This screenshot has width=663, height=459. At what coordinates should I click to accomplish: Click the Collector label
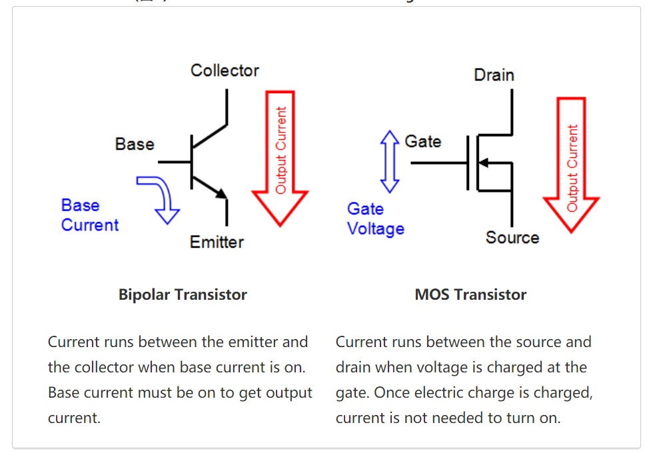coord(225,71)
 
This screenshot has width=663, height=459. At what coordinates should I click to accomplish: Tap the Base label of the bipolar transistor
coord(134,145)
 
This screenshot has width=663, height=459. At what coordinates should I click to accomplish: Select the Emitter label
coord(217,242)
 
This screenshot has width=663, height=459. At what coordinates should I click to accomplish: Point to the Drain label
coord(494,75)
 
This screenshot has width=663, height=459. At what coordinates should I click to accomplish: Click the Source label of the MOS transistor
coord(512,238)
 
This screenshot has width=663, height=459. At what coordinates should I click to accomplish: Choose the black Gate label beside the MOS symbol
coord(422,142)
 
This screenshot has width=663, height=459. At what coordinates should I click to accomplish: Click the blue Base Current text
coord(89,215)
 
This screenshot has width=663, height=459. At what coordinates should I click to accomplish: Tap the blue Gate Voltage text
coord(375,219)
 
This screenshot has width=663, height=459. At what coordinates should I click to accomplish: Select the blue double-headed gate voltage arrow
coord(389,161)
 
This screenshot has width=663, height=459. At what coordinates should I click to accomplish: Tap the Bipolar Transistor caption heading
coord(183,294)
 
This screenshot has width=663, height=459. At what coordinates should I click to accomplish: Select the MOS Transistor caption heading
coord(470,294)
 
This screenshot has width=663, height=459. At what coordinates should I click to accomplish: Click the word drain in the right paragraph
coord(354,368)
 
